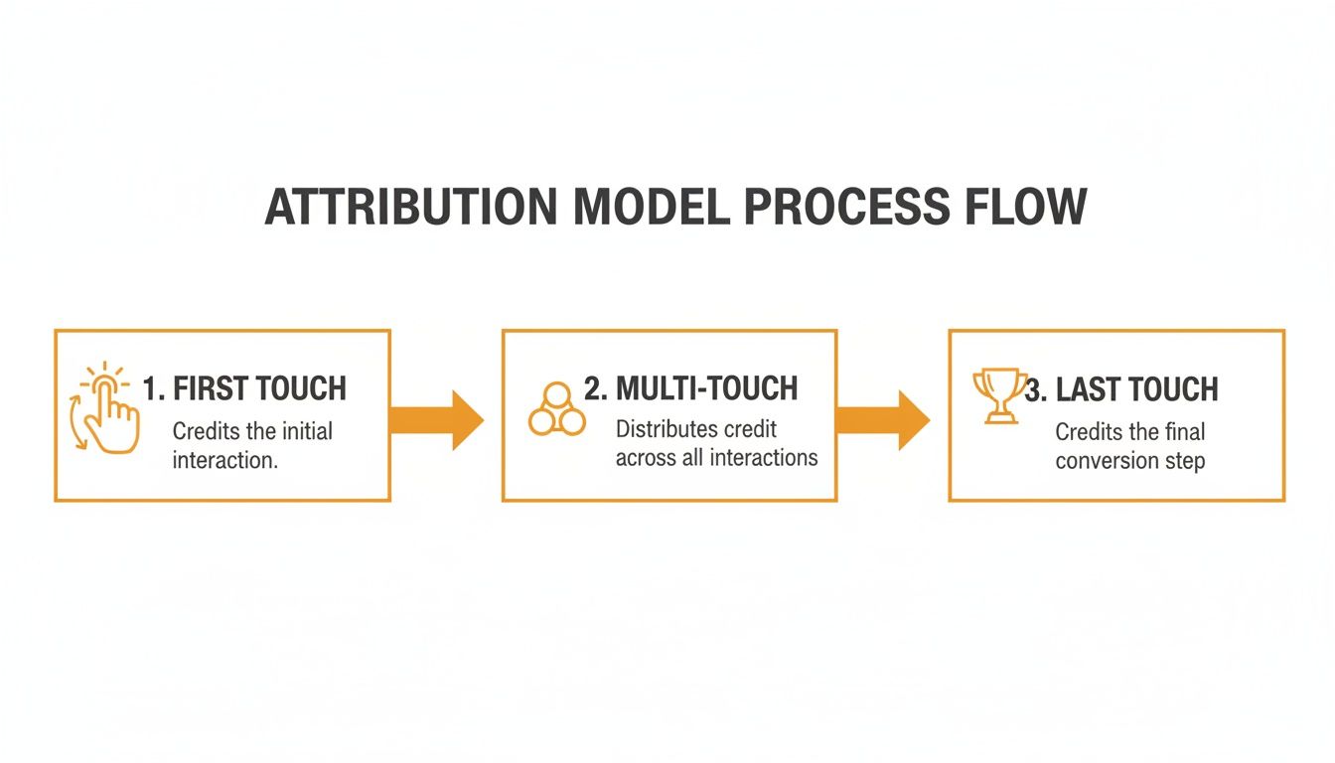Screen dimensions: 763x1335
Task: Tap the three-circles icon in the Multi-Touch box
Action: point(556,408)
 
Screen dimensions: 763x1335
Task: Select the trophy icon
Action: point(997,395)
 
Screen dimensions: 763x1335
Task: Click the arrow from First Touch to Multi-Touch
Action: point(437,419)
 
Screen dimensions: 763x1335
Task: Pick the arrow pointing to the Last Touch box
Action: point(883,419)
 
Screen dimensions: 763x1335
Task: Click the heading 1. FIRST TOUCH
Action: point(244,388)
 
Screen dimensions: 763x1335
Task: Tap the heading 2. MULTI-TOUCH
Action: point(690,388)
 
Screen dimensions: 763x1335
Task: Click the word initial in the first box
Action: point(308,431)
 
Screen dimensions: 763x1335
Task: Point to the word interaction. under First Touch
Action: point(224,460)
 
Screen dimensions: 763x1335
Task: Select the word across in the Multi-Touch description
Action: point(647,458)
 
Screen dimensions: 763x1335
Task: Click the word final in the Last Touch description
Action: point(1180,432)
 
